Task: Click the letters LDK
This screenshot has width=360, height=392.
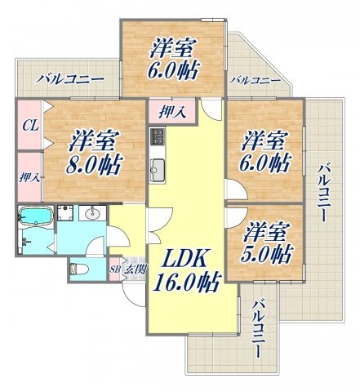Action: pyautogui.click(x=188, y=260)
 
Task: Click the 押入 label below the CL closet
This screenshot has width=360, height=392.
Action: pyautogui.click(x=28, y=175)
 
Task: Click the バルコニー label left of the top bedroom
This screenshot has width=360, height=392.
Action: pyautogui.click(x=69, y=79)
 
